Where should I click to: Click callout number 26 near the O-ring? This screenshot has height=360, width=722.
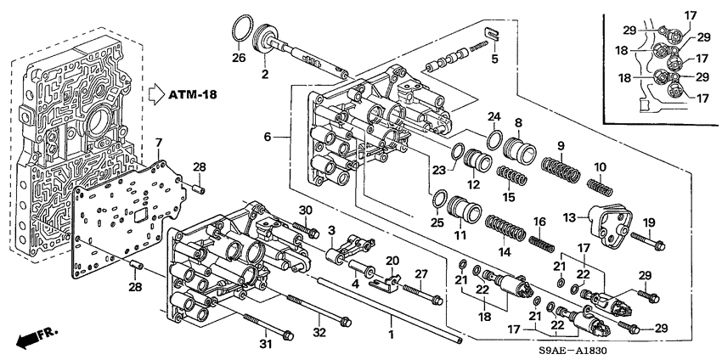pyautogui.click(x=240, y=57)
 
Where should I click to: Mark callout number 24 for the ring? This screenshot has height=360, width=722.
pyautogui.click(x=493, y=115)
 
